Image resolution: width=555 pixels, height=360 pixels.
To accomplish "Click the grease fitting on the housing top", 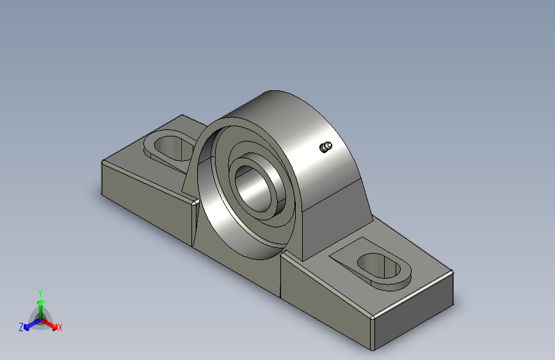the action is click(x=326, y=147).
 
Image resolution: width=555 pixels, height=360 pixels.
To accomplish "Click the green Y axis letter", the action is click(x=40, y=293).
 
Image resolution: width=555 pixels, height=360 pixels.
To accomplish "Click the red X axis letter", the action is click(x=60, y=327).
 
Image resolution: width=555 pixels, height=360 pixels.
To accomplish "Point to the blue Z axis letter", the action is click(x=21, y=327).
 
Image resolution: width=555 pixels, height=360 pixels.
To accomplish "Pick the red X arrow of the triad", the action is click(x=49, y=324).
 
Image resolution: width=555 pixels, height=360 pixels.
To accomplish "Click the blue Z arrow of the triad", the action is click(x=33, y=324).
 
